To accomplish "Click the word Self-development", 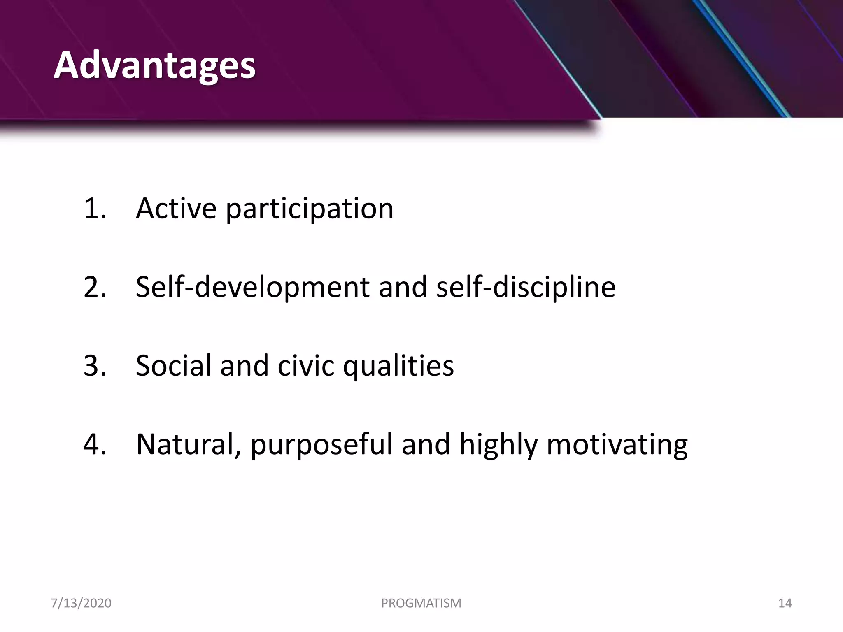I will click(x=252, y=288).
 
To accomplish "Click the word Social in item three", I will click(x=173, y=365).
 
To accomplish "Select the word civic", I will click(x=305, y=365).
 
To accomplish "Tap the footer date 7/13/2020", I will click(x=81, y=603).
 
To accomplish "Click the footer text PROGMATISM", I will click(x=421, y=603).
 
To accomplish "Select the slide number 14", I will click(x=785, y=603).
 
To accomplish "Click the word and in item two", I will click(x=403, y=287).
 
